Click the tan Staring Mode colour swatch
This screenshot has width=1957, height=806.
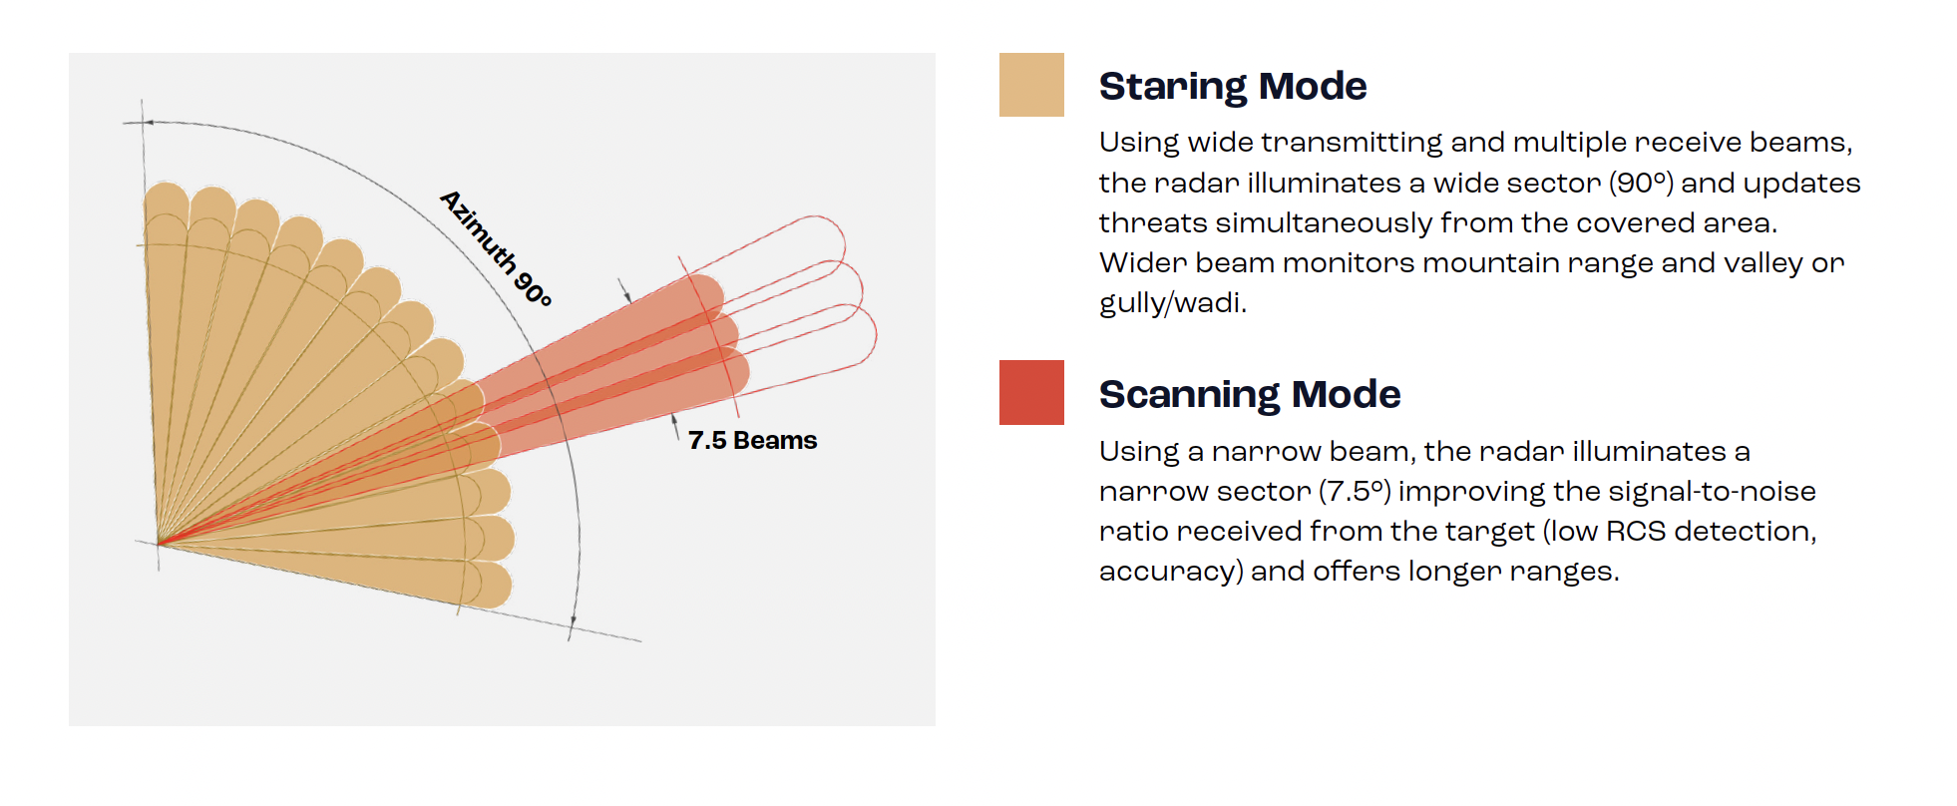click(1031, 85)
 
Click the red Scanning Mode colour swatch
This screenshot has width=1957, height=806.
click(1031, 393)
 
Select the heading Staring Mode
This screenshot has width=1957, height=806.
click(1233, 87)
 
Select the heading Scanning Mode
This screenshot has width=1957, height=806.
click(1250, 395)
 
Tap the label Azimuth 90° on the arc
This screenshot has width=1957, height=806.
click(497, 248)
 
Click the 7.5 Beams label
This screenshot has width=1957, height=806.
click(752, 440)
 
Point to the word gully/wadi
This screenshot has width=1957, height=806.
click(1173, 302)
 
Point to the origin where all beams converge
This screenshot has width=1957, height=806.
click(159, 544)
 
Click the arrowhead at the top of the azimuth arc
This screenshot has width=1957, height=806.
click(148, 123)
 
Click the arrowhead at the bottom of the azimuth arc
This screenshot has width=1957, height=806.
click(573, 623)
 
